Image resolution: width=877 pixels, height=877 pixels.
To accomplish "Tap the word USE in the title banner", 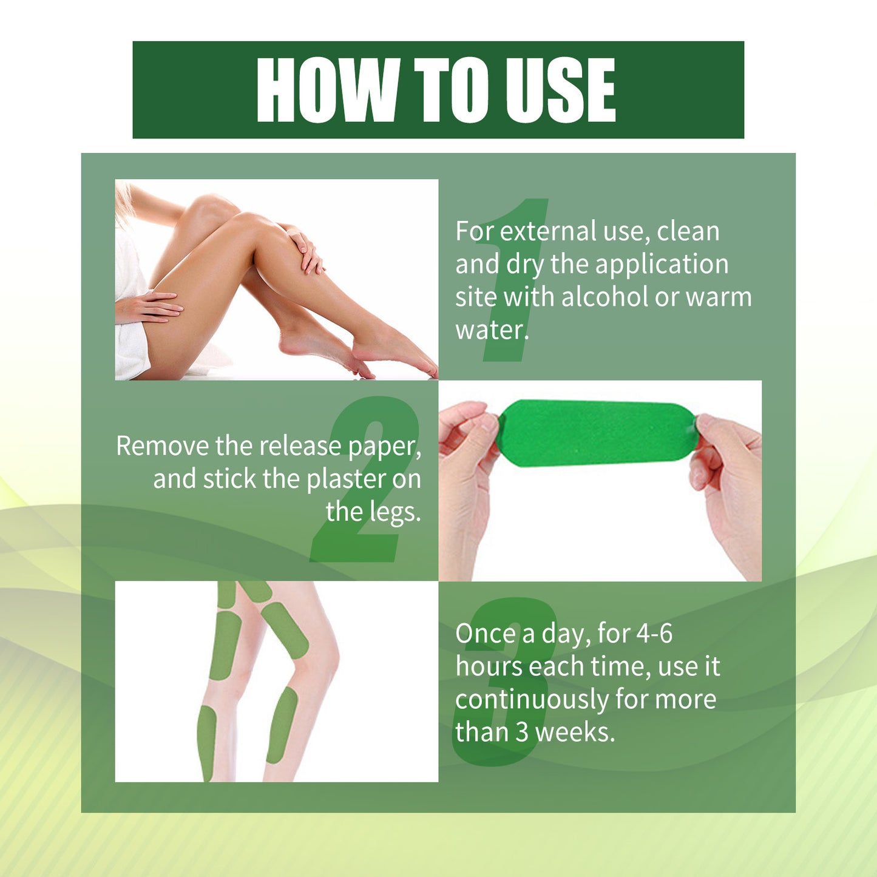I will coord(561,90).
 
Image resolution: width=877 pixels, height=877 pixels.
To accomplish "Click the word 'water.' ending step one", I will coord(492,330).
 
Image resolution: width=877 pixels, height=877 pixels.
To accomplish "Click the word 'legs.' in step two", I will coord(396,512).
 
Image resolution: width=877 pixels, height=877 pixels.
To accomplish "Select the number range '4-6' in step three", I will coord(654,634).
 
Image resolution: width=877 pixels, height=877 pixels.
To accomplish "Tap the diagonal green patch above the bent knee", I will coord(285,630).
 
